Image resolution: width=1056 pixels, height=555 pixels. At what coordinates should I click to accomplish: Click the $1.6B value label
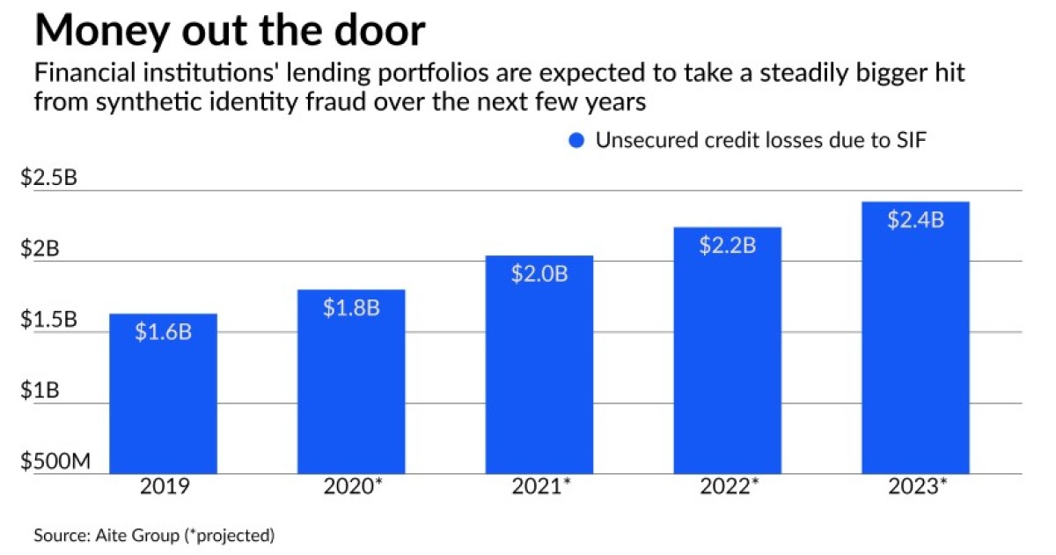(x=163, y=332)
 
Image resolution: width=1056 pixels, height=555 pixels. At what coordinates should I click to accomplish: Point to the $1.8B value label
(x=351, y=308)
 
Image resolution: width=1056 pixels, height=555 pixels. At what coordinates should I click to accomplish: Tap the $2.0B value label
(x=539, y=273)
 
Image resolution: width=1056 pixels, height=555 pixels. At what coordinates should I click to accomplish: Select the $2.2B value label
(x=728, y=245)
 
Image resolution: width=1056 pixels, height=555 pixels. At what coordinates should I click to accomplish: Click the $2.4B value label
(x=915, y=219)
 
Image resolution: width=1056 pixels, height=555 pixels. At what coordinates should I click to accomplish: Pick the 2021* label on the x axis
(x=539, y=487)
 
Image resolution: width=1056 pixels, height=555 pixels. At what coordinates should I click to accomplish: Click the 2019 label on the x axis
(x=163, y=487)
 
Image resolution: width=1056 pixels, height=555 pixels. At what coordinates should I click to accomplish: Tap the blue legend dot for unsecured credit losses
(x=576, y=141)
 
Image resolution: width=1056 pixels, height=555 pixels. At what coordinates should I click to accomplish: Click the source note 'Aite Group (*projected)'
(x=155, y=535)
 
